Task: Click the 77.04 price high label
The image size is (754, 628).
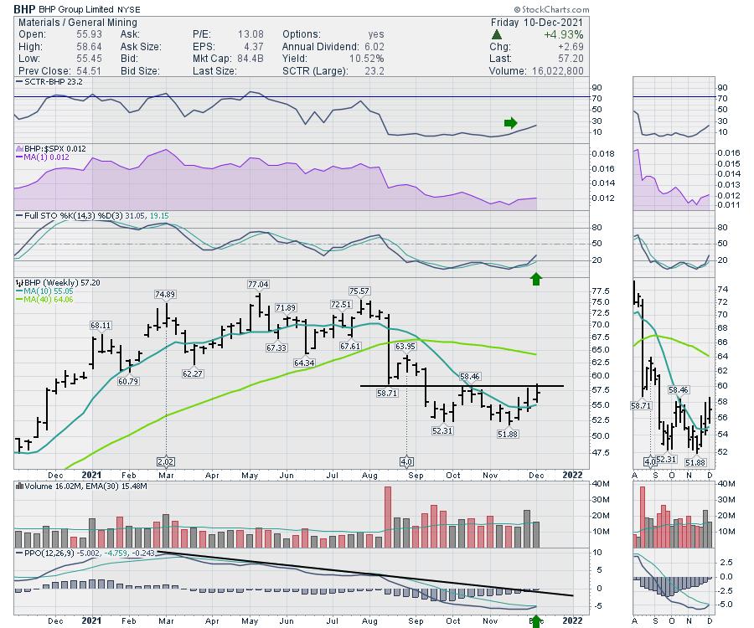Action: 259,285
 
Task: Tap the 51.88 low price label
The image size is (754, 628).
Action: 509,434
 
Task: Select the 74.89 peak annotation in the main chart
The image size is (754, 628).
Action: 165,294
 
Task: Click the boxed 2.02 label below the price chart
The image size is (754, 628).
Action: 165,461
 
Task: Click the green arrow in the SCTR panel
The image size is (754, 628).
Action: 511,123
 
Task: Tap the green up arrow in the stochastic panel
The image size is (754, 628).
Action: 536,278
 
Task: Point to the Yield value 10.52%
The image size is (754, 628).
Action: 367,59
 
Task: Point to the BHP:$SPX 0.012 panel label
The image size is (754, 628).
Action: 46,148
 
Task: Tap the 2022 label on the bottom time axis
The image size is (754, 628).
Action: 571,620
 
